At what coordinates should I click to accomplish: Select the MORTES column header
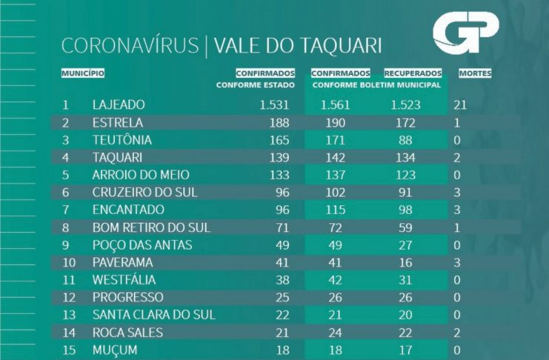(x=475, y=73)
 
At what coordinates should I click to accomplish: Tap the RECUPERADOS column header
(x=413, y=73)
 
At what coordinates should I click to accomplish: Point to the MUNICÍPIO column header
(x=82, y=73)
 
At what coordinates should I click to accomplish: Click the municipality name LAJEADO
(x=119, y=105)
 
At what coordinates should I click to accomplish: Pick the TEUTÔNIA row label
(x=122, y=140)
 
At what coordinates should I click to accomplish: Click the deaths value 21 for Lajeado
(x=459, y=105)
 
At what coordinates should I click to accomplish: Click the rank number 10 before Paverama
(x=66, y=262)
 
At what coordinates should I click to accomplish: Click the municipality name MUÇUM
(x=114, y=350)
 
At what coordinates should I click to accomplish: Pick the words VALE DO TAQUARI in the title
(x=298, y=46)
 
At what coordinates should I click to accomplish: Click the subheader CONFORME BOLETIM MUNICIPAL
(x=377, y=85)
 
